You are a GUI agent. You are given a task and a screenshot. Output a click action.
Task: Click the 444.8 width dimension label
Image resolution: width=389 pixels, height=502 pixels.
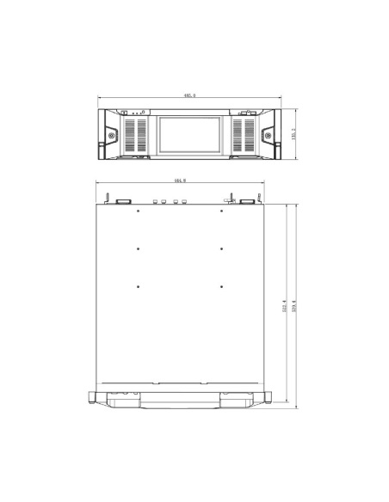[x=180, y=181]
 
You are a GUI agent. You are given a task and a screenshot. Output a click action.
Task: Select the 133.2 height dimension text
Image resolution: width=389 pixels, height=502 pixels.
[x=293, y=135]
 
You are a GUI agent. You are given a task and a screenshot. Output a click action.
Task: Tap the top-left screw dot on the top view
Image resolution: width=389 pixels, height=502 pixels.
[x=138, y=211]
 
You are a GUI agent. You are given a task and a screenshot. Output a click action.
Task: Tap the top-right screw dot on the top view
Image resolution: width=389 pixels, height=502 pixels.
[x=222, y=211]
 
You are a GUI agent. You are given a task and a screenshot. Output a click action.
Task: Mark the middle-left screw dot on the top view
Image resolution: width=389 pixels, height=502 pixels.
[x=138, y=249]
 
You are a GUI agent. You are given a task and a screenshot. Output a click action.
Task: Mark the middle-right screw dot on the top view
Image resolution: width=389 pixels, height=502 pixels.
[x=222, y=249]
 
